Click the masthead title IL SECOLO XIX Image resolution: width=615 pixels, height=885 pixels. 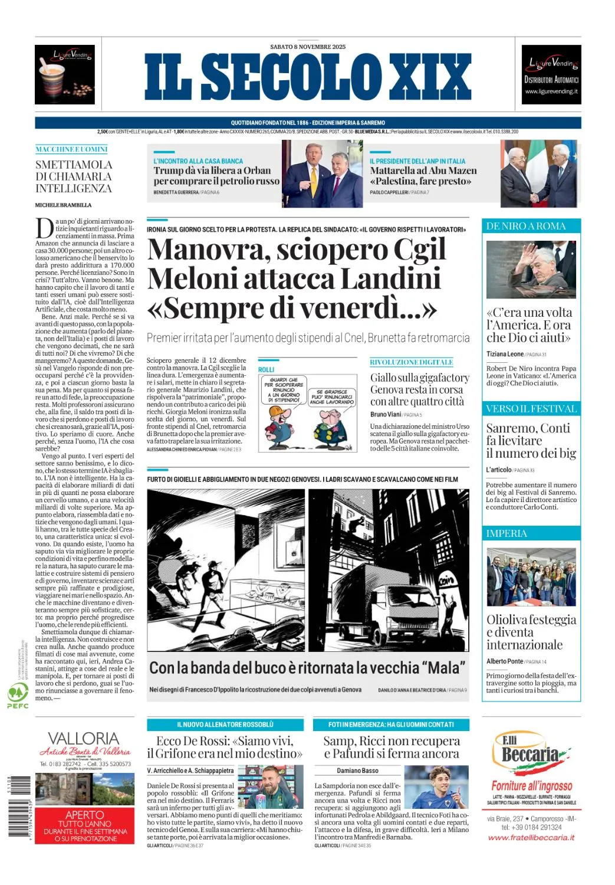[307, 77]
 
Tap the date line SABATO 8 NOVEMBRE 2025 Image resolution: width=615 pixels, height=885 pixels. [308, 47]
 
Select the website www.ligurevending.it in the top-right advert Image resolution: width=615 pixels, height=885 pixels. [551, 91]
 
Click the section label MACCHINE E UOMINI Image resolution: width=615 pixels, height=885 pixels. [71, 149]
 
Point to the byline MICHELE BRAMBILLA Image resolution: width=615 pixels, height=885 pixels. [64, 205]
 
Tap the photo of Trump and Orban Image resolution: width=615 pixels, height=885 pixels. [322, 173]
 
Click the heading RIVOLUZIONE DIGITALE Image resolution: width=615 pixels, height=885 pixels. [412, 362]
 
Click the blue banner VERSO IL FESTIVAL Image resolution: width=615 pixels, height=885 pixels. [531, 408]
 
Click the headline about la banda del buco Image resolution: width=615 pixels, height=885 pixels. [307, 668]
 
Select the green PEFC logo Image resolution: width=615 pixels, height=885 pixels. [18, 694]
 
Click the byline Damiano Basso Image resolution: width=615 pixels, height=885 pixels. [358, 771]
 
